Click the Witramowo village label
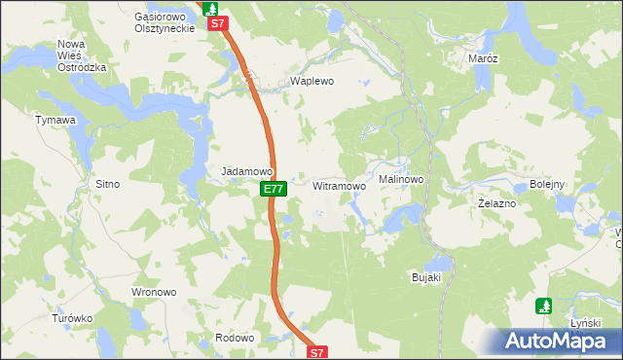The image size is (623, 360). tap(339, 185)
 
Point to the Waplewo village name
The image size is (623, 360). tap(311, 82)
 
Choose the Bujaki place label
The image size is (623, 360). tap(426, 277)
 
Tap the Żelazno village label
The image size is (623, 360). tap(497, 204)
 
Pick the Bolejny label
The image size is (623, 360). tap(547, 185)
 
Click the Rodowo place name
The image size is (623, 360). tap(235, 338)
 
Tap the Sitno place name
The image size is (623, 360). tap(106, 183)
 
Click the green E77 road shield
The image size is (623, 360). tap(274, 189)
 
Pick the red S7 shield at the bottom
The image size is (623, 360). tap(320, 352)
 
